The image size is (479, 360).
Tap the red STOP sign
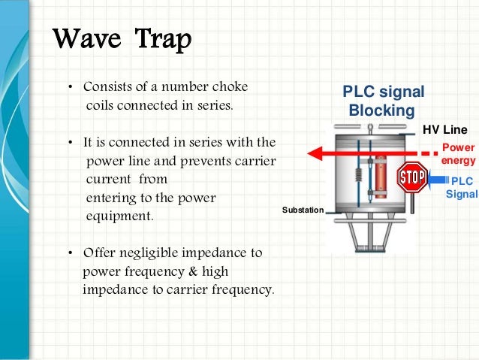point(411,178)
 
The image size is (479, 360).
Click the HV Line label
point(444,129)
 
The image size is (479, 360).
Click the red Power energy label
point(458,154)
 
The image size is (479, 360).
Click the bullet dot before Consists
point(70,87)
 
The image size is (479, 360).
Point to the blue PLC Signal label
point(461,187)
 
